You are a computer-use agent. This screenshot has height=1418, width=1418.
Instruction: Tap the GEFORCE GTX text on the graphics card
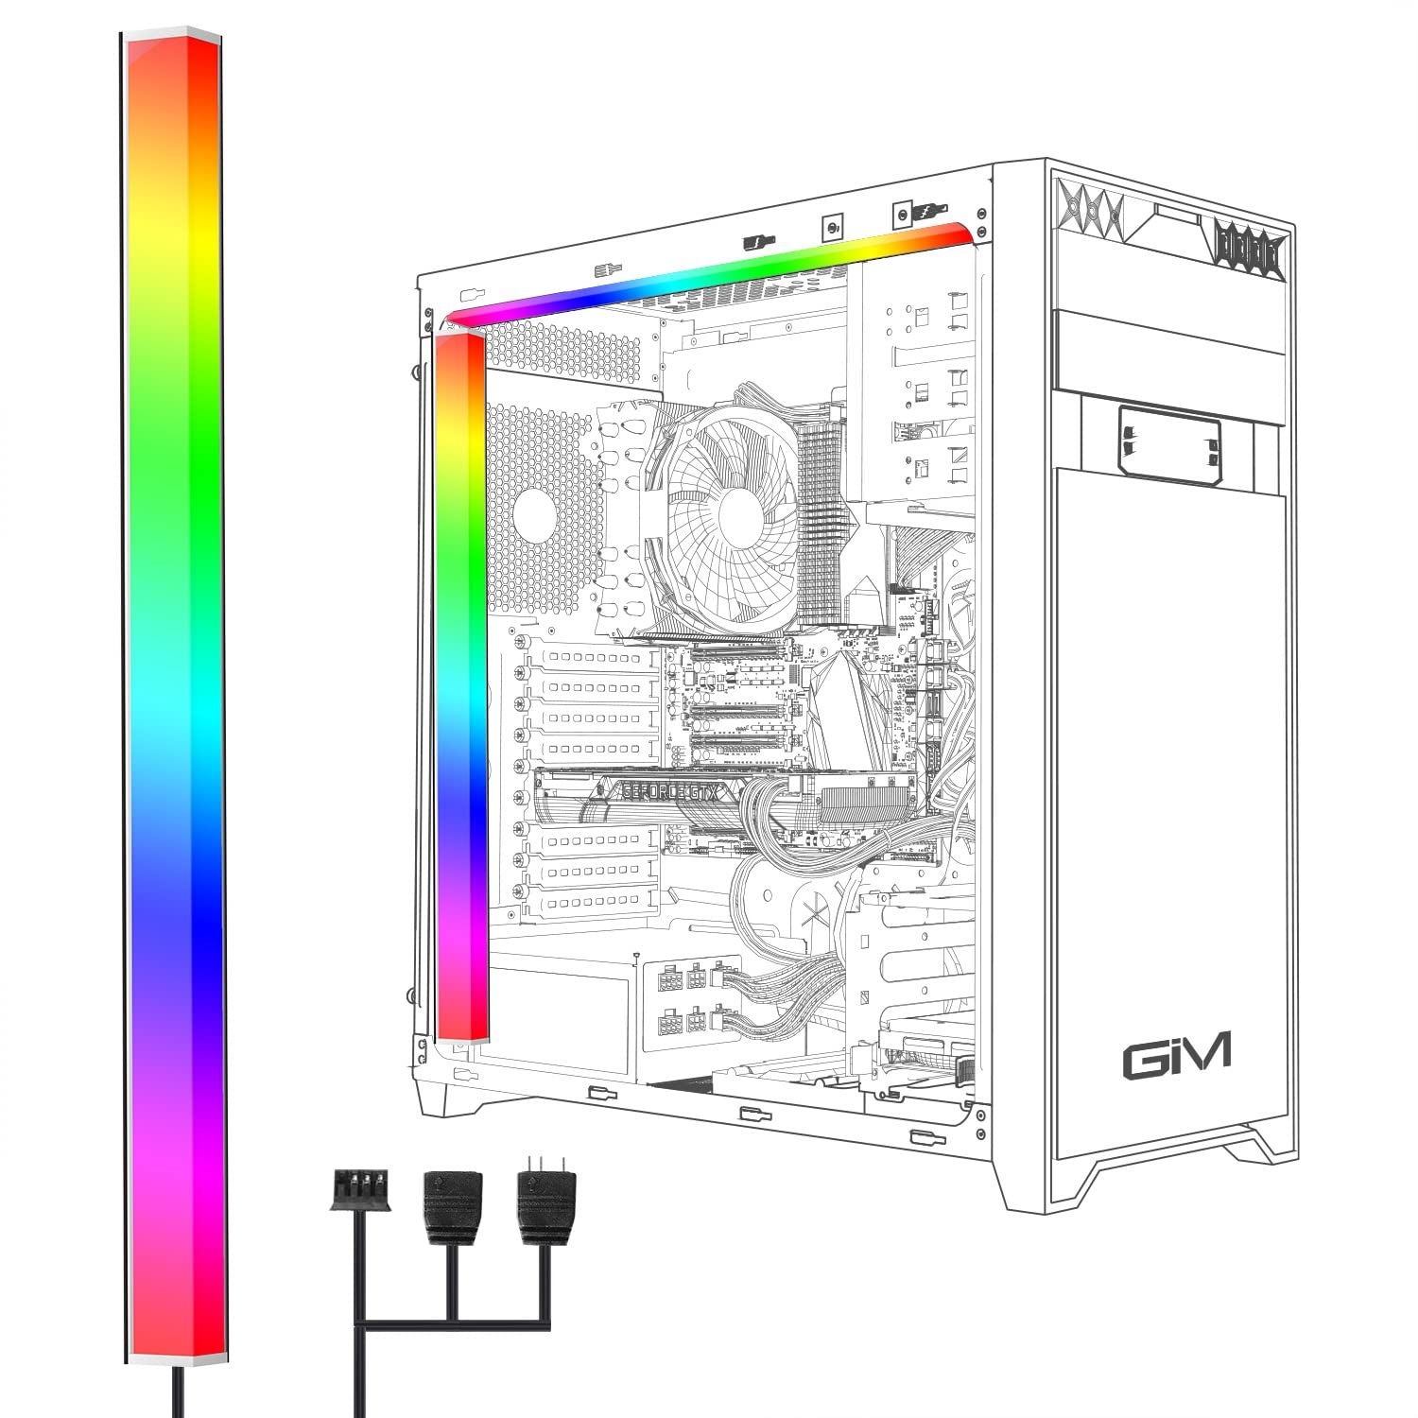[663, 792]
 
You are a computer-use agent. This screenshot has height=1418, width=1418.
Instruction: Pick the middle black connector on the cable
[453, 1203]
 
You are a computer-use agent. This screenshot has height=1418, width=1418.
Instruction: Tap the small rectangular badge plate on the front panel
[1169, 440]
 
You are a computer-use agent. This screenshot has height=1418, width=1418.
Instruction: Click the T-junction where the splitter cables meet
[453, 1323]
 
